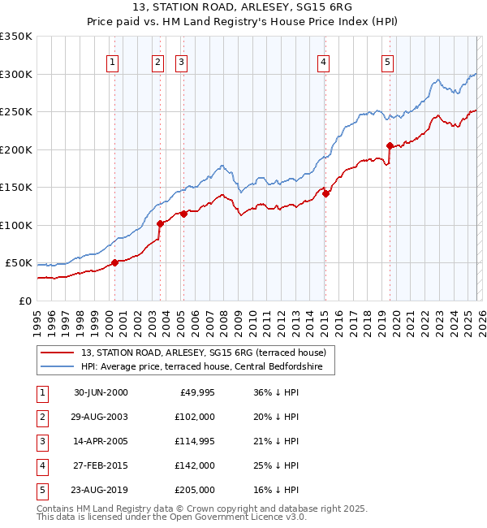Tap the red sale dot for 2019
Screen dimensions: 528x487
pyautogui.click(x=390, y=146)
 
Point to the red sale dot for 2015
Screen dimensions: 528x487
pyautogui.click(x=325, y=193)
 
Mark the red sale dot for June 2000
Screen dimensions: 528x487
pyautogui.click(x=114, y=262)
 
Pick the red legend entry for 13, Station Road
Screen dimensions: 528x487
pyautogui.click(x=203, y=353)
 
